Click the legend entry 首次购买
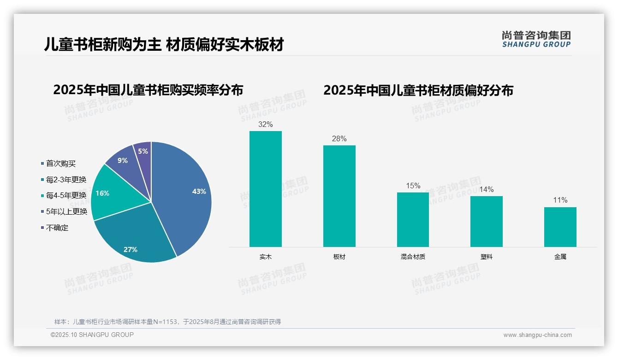[x=60, y=163]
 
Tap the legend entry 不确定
[x=57, y=228]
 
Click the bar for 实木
[x=266, y=189]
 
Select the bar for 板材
[x=339, y=196]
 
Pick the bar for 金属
[x=560, y=227]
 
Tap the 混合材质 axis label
[x=413, y=257]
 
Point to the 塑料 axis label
[x=487, y=257]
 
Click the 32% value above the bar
[x=266, y=124]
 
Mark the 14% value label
[x=487, y=189]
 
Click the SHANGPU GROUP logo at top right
[x=536, y=39]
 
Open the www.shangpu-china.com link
[x=537, y=335]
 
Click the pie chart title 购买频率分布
[x=148, y=90]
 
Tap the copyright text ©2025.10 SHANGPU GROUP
[x=92, y=335]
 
